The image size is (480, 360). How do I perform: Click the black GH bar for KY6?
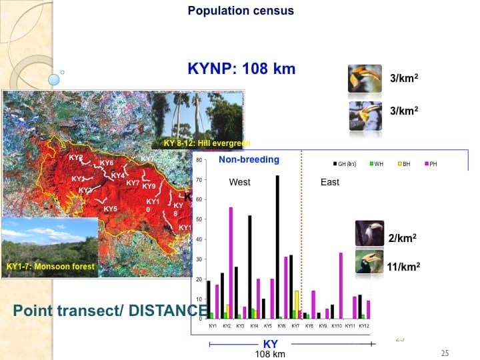[277, 247]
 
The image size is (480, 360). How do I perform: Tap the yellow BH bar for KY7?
[297, 304]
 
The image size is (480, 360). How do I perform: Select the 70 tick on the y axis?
[200, 180]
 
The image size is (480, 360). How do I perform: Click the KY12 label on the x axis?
[364, 326]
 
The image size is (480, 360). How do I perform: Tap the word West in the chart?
[239, 182]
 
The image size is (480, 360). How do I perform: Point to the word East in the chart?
[330, 182]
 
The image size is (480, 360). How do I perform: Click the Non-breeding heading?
[249, 160]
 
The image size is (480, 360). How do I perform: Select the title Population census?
[241, 11]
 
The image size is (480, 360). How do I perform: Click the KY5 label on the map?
[111, 209]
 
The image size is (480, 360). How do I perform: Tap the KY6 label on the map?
[107, 163]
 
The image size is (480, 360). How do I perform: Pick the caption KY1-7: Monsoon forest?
[50, 267]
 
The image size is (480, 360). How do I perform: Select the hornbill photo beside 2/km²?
[368, 233]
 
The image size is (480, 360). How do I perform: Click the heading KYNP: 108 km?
[242, 68]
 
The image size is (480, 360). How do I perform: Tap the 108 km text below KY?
[270, 354]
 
